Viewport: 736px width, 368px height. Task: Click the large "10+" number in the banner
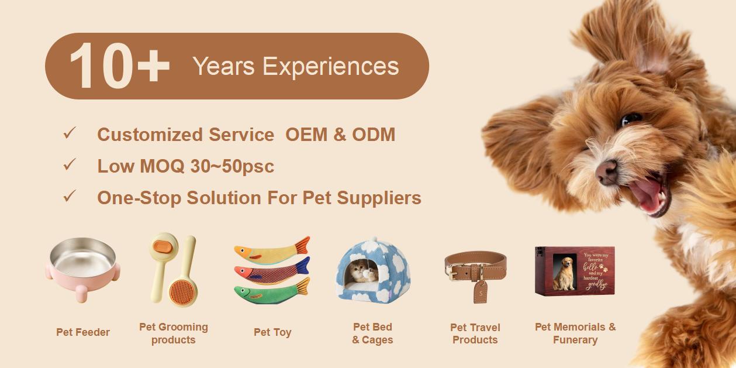click(x=119, y=66)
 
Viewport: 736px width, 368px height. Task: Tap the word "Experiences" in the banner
click(x=330, y=67)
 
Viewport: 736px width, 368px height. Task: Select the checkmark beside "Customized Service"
click(x=70, y=133)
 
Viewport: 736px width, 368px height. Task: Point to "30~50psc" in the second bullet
click(x=232, y=166)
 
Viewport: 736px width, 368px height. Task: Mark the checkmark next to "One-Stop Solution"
click(x=70, y=197)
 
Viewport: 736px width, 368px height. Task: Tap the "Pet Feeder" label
click(x=83, y=332)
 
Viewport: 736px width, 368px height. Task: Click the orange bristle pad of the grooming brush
click(x=183, y=291)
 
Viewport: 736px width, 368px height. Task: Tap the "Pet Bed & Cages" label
click(x=372, y=333)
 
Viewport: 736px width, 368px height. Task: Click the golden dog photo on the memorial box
click(x=564, y=273)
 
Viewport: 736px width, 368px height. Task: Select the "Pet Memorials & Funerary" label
click(x=575, y=333)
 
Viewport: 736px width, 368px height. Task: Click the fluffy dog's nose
click(x=606, y=171)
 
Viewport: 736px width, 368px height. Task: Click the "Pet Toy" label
click(x=272, y=332)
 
